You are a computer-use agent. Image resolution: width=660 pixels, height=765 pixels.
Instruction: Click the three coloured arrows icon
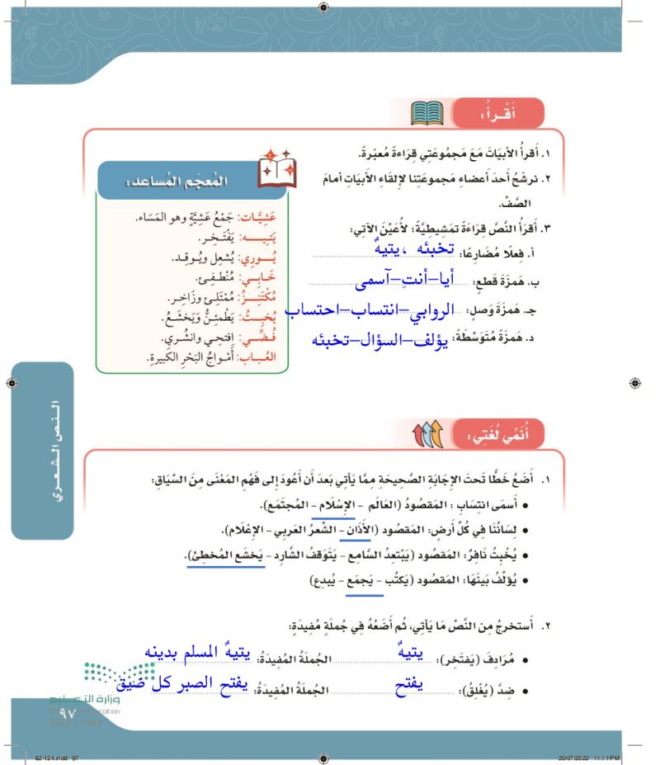click(x=427, y=433)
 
